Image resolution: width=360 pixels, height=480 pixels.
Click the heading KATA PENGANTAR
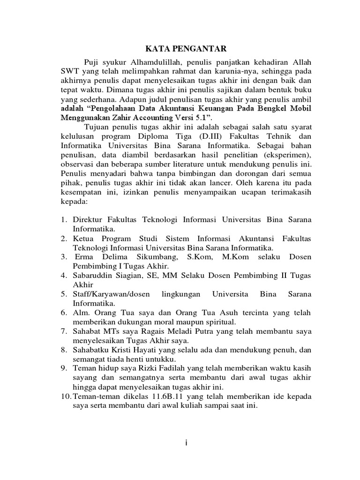(179, 48)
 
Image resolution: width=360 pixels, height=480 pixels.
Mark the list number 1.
(64, 219)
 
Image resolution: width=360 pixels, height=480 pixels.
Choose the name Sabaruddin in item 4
(92, 275)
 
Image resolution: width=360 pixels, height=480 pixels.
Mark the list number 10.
(64, 396)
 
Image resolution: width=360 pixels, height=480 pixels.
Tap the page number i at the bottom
(186, 444)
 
